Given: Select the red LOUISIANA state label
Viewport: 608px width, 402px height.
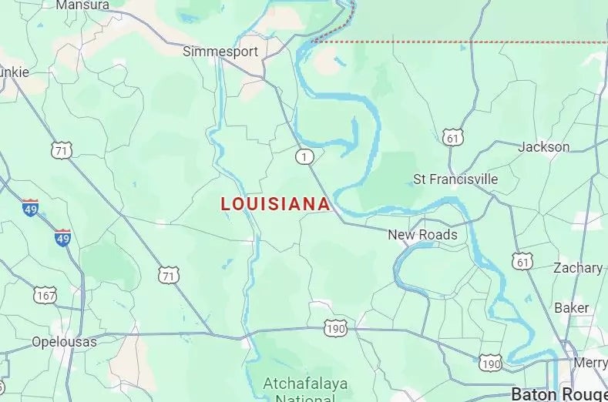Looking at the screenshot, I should coord(276,204).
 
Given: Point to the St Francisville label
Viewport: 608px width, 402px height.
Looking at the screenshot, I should coord(455,179).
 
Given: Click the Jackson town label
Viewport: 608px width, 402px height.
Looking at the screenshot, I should coord(544,146).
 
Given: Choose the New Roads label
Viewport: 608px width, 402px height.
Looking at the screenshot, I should coord(422,235).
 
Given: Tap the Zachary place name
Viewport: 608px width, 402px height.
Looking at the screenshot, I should coord(578,268).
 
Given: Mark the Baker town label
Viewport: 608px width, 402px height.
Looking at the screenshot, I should coord(572,307).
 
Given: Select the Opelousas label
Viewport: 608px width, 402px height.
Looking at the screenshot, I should coord(64,341).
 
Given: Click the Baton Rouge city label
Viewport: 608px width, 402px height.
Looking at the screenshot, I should coord(559,394).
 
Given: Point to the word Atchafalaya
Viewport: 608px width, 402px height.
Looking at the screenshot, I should coord(305,383).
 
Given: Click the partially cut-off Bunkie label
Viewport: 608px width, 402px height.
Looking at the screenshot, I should coord(14,72).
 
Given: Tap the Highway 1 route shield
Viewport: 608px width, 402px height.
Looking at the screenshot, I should coord(305,157).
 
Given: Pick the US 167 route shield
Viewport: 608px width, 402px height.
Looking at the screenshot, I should coord(45,294).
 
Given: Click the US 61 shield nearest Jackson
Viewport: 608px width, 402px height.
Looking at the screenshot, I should coord(453,137).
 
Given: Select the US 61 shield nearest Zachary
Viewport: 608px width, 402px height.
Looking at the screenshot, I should coord(524,262).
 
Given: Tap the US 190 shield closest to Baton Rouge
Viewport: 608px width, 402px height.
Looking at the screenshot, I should coord(490,361).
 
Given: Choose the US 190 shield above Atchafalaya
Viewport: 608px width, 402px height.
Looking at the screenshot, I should coord(335,328).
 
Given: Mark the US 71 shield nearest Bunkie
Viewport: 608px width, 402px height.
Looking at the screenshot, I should coord(62,150).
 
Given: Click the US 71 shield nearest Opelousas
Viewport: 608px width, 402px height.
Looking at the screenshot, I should coord(169,275).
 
